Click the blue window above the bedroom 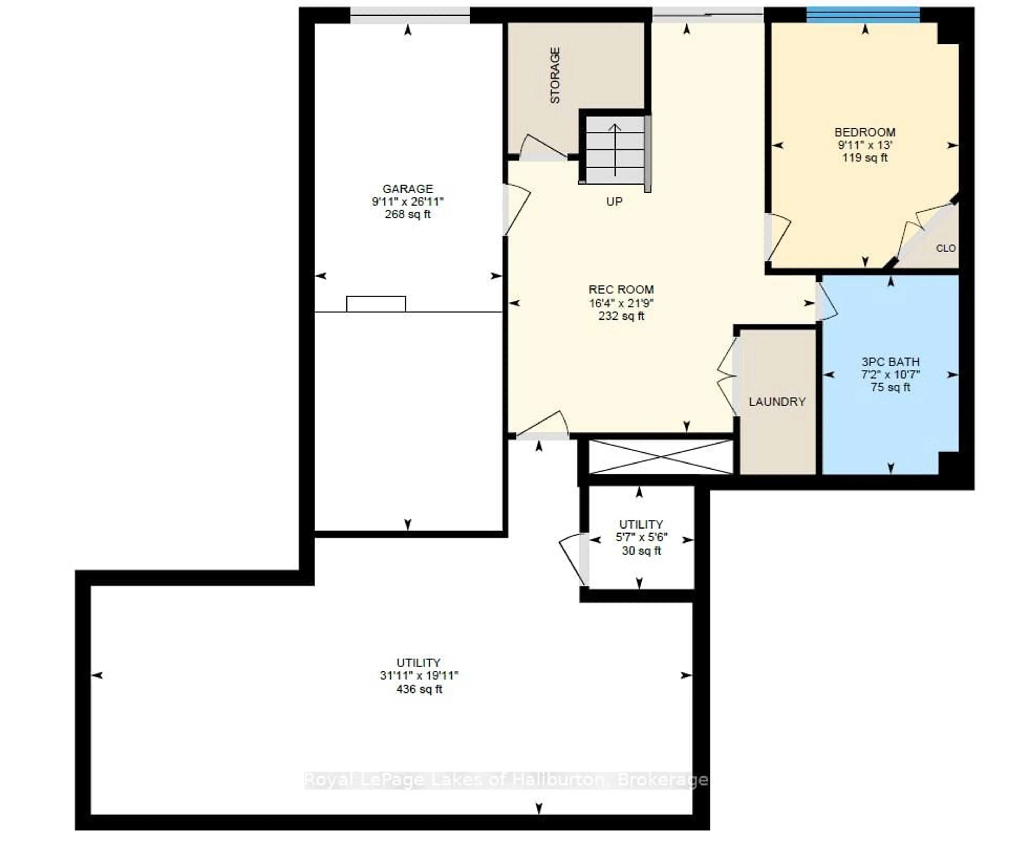click(863, 15)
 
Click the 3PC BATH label click(890, 362)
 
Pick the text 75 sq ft click(890, 387)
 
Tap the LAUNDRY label click(776, 401)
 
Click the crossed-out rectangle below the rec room click(661, 456)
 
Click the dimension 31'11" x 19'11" click(419, 675)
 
